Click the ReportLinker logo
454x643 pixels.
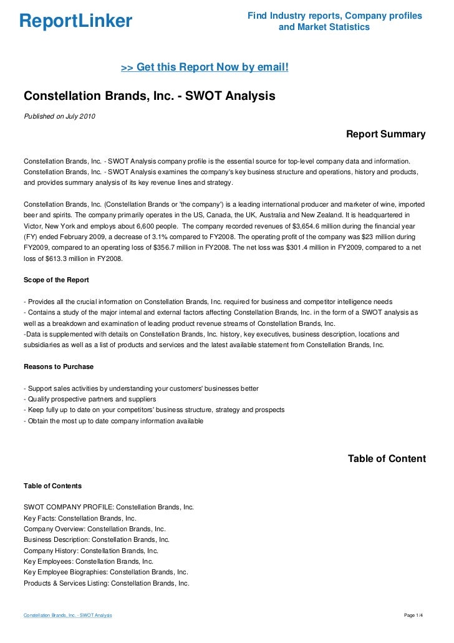click(75, 22)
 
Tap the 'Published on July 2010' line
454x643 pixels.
click(59, 116)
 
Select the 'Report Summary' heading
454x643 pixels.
click(385, 134)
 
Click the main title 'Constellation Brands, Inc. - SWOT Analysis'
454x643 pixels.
click(149, 97)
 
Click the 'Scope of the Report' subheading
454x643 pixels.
click(56, 279)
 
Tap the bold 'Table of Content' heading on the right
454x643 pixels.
click(387, 459)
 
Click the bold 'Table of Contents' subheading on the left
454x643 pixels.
click(52, 485)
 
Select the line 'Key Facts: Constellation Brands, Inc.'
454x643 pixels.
click(80, 518)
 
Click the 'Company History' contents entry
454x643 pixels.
click(91, 551)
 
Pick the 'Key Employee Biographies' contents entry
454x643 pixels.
click(105, 572)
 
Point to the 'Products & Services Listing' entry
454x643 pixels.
click(106, 583)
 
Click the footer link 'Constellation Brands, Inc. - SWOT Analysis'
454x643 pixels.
click(67, 616)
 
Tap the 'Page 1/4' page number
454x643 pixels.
click(414, 616)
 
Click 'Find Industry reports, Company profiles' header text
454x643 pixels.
click(335, 16)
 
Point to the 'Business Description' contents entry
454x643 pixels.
click(96, 539)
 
